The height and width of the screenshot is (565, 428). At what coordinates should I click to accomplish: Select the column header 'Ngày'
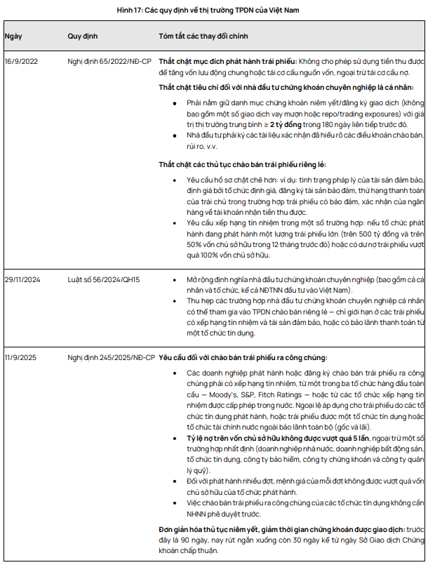(13, 35)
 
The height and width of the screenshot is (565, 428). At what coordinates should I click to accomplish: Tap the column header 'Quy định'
(83, 35)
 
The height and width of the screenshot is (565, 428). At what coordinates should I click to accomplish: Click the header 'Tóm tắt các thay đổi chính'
(203, 35)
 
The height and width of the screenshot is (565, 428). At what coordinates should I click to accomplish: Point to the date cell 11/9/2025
(21, 357)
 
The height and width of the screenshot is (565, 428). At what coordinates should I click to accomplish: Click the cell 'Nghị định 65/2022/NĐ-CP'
(109, 61)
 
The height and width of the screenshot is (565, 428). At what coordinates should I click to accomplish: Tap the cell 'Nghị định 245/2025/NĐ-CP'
(112, 357)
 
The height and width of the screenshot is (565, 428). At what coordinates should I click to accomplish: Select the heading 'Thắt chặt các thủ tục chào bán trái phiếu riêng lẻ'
(242, 165)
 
